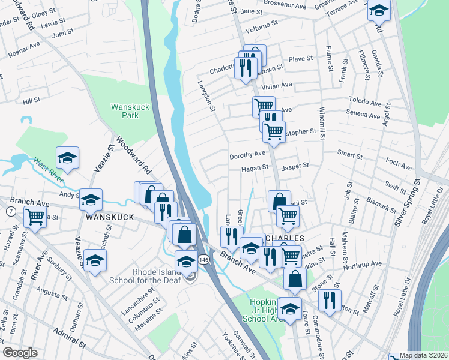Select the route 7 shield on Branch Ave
pyautogui.click(x=10, y=212)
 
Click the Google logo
pyautogui.click(x=20, y=353)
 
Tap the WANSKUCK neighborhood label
pyautogui.click(x=109, y=218)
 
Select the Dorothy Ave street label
pyautogui.click(x=247, y=155)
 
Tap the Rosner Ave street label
pyautogui.click(x=24, y=50)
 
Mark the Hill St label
pyautogui.click(x=31, y=101)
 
